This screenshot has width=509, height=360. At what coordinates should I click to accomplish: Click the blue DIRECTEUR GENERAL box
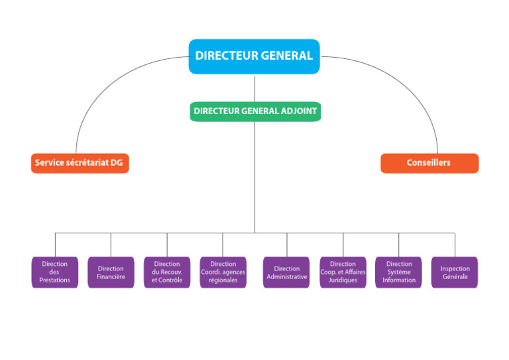[x=254, y=56]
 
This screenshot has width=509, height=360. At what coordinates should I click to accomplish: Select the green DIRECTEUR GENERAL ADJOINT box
[x=255, y=111]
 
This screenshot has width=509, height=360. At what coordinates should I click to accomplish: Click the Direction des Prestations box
[x=54, y=272]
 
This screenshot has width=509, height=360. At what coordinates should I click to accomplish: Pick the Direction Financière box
[x=111, y=272]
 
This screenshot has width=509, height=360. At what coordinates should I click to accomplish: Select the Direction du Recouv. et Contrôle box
[x=167, y=272]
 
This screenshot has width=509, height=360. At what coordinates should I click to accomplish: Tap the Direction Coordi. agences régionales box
[x=223, y=272]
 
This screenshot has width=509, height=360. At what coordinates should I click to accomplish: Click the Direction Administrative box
[x=286, y=272]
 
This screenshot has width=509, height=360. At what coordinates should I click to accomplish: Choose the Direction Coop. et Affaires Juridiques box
[x=343, y=272]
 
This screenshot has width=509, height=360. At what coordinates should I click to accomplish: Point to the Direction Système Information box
[x=399, y=272]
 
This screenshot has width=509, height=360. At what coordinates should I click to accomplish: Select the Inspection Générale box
[x=455, y=272]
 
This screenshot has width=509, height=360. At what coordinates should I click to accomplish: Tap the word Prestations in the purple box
[x=54, y=280]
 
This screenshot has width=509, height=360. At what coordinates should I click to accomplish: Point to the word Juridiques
[x=343, y=280]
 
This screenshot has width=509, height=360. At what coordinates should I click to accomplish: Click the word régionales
[x=223, y=280]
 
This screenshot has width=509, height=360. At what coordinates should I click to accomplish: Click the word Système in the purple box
[x=399, y=272]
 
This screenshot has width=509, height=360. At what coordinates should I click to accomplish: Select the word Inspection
[x=455, y=269]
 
